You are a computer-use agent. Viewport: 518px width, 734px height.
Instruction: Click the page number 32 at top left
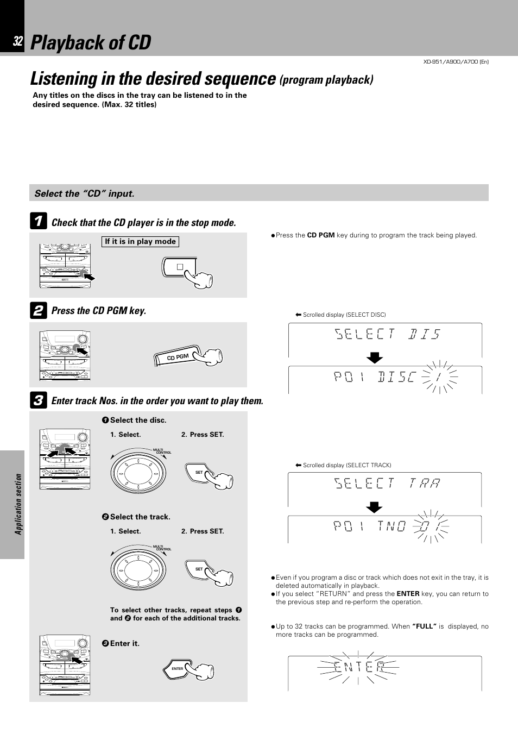pyautogui.click(x=18, y=42)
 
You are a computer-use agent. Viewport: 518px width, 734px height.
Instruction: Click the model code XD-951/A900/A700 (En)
pyautogui.click(x=456, y=61)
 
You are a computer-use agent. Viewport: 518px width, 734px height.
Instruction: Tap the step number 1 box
pyautogui.click(x=38, y=221)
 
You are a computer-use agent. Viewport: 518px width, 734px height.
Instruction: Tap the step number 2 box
pyautogui.click(x=38, y=310)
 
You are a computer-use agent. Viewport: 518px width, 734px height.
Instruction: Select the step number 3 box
pyautogui.click(x=38, y=401)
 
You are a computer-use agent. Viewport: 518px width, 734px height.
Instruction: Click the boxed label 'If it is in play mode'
pyautogui.click(x=140, y=242)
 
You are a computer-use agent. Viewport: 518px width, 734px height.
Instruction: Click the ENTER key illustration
pyautogui.click(x=178, y=669)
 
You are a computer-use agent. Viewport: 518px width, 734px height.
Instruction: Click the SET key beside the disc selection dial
pyautogui.click(x=199, y=472)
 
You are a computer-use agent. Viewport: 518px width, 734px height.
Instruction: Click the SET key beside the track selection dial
pyautogui.click(x=199, y=569)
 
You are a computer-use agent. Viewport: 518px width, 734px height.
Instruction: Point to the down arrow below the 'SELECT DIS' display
pyautogui.click(x=374, y=357)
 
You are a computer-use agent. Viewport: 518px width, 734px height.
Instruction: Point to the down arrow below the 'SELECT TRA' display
pyautogui.click(x=374, y=507)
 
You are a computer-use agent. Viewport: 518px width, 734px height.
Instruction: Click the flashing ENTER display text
pyautogui.click(x=359, y=667)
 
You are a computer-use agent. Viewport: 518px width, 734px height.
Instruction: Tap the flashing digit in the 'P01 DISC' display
pyautogui.click(x=441, y=377)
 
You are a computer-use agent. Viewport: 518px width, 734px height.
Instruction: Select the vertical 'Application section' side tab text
pyautogui.click(x=18, y=504)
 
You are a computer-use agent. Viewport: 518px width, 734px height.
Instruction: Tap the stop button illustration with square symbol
pyautogui.click(x=180, y=267)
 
